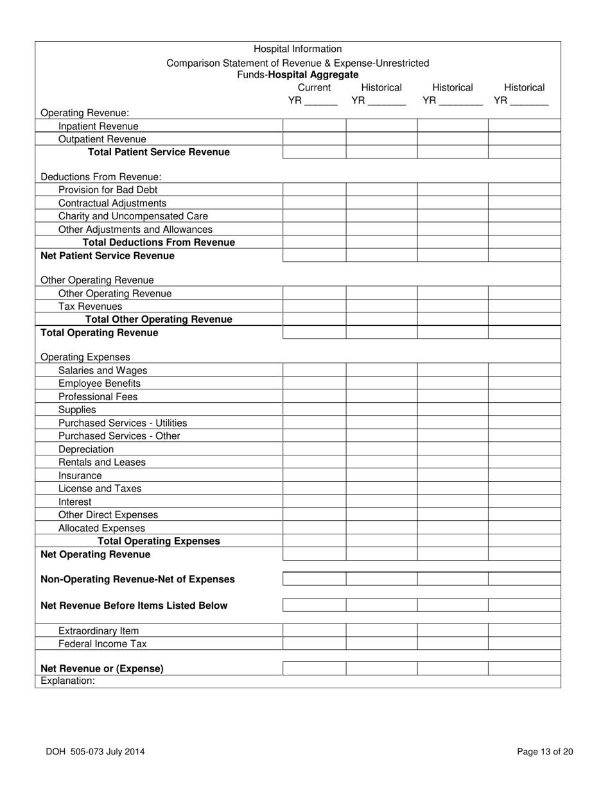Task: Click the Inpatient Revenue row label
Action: [98, 126]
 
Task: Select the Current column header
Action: [315, 87]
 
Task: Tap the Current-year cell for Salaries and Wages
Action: [314, 370]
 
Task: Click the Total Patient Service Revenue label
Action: [158, 152]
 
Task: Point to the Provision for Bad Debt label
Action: [107, 190]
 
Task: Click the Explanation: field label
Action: [67, 681]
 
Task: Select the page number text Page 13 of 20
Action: [545, 752]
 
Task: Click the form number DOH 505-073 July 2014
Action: [95, 752]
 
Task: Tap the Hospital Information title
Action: [297, 49]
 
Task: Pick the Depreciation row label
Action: [85, 449]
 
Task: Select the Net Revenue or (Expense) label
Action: [101, 668]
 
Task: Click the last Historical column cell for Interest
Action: [524, 502]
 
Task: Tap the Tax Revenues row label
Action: [90, 306]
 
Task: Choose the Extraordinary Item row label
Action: [98, 631]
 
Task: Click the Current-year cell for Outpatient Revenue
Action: [314, 139]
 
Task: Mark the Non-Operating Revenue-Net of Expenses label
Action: [137, 579]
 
